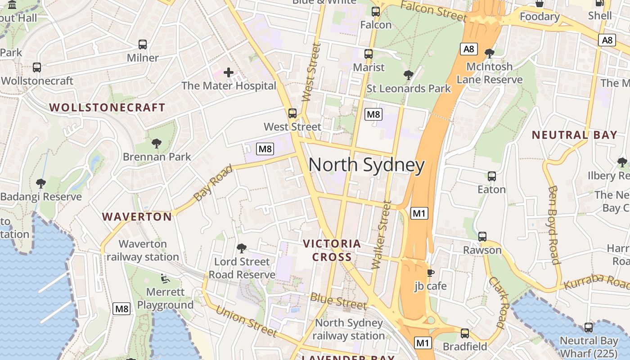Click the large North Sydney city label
(x=366, y=165)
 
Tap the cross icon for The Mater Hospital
(x=229, y=72)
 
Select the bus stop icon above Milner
(x=143, y=45)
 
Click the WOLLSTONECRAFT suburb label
(x=107, y=108)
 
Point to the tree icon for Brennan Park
(x=157, y=144)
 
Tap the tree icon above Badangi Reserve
(x=41, y=183)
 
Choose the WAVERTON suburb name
(x=137, y=217)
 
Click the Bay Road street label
(x=213, y=183)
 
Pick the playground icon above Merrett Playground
(x=165, y=279)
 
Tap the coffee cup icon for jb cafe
(x=430, y=273)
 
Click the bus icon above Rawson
(x=482, y=236)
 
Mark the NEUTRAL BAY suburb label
(x=574, y=135)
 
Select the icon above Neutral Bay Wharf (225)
(x=588, y=328)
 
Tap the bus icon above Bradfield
(x=465, y=333)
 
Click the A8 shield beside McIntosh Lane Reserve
(x=468, y=49)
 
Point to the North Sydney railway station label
(x=349, y=329)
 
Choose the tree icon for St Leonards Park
(x=409, y=75)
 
